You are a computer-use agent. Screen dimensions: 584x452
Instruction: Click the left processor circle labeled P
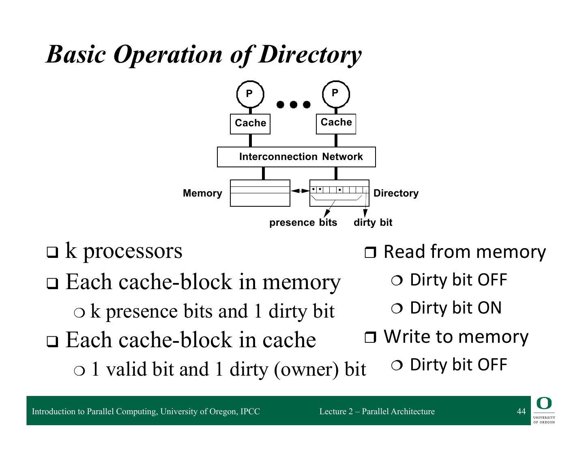250,94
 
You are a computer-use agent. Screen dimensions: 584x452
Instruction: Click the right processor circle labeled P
336,94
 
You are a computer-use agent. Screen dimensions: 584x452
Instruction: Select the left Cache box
250,124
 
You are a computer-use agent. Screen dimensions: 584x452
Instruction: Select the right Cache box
336,124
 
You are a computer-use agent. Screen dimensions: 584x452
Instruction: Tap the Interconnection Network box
296,157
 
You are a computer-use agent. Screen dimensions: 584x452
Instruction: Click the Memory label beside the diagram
202,193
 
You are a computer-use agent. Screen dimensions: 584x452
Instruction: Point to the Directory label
396,193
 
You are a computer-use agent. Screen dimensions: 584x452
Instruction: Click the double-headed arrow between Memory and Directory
300,191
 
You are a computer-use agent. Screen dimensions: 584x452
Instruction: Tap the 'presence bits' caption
303,223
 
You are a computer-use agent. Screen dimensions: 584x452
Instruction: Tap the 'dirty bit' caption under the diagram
373,223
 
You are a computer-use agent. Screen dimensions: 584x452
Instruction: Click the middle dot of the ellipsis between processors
294,104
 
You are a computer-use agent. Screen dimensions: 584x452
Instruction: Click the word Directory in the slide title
310,55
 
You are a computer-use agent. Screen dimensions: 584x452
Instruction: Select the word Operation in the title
168,55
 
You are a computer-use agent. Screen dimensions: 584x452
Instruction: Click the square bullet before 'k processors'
52,252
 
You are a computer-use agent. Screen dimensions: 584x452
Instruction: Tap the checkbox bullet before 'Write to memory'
370,337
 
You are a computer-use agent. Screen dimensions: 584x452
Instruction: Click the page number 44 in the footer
521,411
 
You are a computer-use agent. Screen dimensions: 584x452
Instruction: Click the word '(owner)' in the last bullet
306,370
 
